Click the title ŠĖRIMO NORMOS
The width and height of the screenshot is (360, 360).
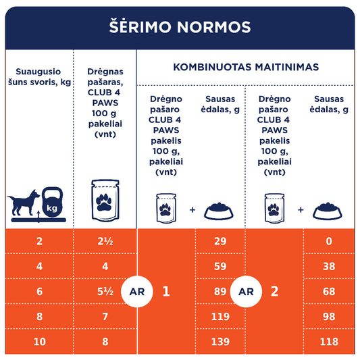coord(180,27)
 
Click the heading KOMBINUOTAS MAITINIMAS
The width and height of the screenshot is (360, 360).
coord(246,68)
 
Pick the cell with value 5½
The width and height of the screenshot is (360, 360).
coord(104,292)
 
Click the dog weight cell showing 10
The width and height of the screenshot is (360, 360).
coord(39,342)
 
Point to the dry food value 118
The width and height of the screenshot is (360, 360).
coord(328,342)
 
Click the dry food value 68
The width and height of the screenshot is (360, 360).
coord(328,292)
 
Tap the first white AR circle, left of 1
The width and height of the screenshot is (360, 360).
coord(132,292)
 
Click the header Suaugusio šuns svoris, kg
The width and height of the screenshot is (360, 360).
coord(38,77)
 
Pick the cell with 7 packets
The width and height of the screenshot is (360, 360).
coord(104,317)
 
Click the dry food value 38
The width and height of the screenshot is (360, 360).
coord(328,267)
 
